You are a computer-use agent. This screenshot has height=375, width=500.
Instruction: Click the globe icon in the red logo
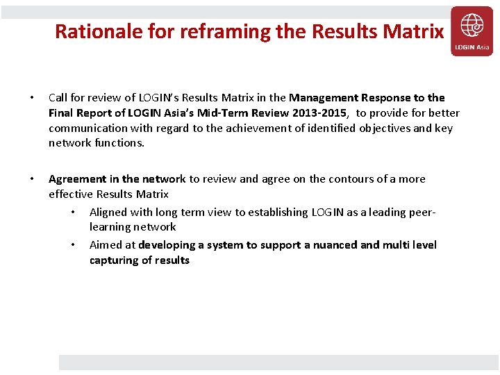472,26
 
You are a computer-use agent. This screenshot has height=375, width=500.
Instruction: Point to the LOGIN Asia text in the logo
472,47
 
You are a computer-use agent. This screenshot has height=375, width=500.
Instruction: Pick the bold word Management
321,97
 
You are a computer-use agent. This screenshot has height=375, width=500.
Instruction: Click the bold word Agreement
78,178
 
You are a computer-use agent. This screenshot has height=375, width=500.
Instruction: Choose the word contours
351,178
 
